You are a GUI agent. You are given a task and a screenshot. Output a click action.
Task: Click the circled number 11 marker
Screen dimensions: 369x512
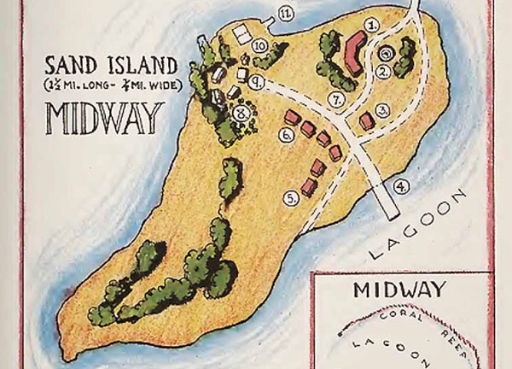tap(285, 13)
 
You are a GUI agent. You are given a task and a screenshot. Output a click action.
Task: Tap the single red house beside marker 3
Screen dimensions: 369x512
tap(367, 122)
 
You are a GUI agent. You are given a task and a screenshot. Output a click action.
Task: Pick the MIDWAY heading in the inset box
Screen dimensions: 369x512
tap(401, 289)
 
